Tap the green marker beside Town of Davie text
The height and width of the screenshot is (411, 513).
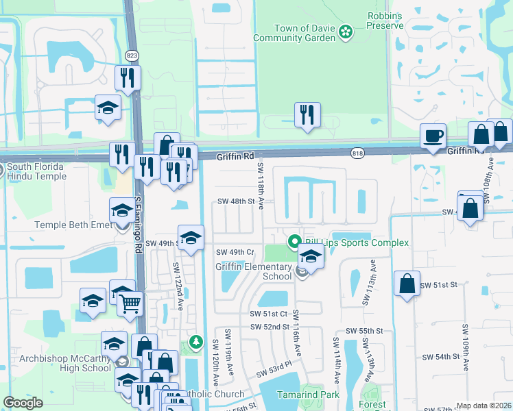tap(346, 31)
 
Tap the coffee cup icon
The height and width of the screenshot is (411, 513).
tap(433, 136)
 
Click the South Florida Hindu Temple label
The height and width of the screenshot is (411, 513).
tap(36, 171)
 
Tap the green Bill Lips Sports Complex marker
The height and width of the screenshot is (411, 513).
tap(295, 242)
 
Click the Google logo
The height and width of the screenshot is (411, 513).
tap(23, 403)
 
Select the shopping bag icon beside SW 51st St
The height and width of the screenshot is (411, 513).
tap(407, 282)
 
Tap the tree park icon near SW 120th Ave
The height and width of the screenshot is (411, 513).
tap(196, 340)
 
